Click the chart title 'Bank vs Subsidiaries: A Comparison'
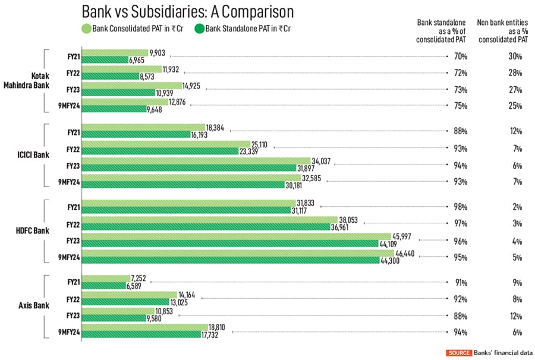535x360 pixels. [x=187, y=12]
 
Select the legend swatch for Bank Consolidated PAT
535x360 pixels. [x=86, y=27]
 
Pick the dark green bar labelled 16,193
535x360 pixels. [x=136, y=135]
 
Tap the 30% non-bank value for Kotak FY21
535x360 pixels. [x=515, y=56]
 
